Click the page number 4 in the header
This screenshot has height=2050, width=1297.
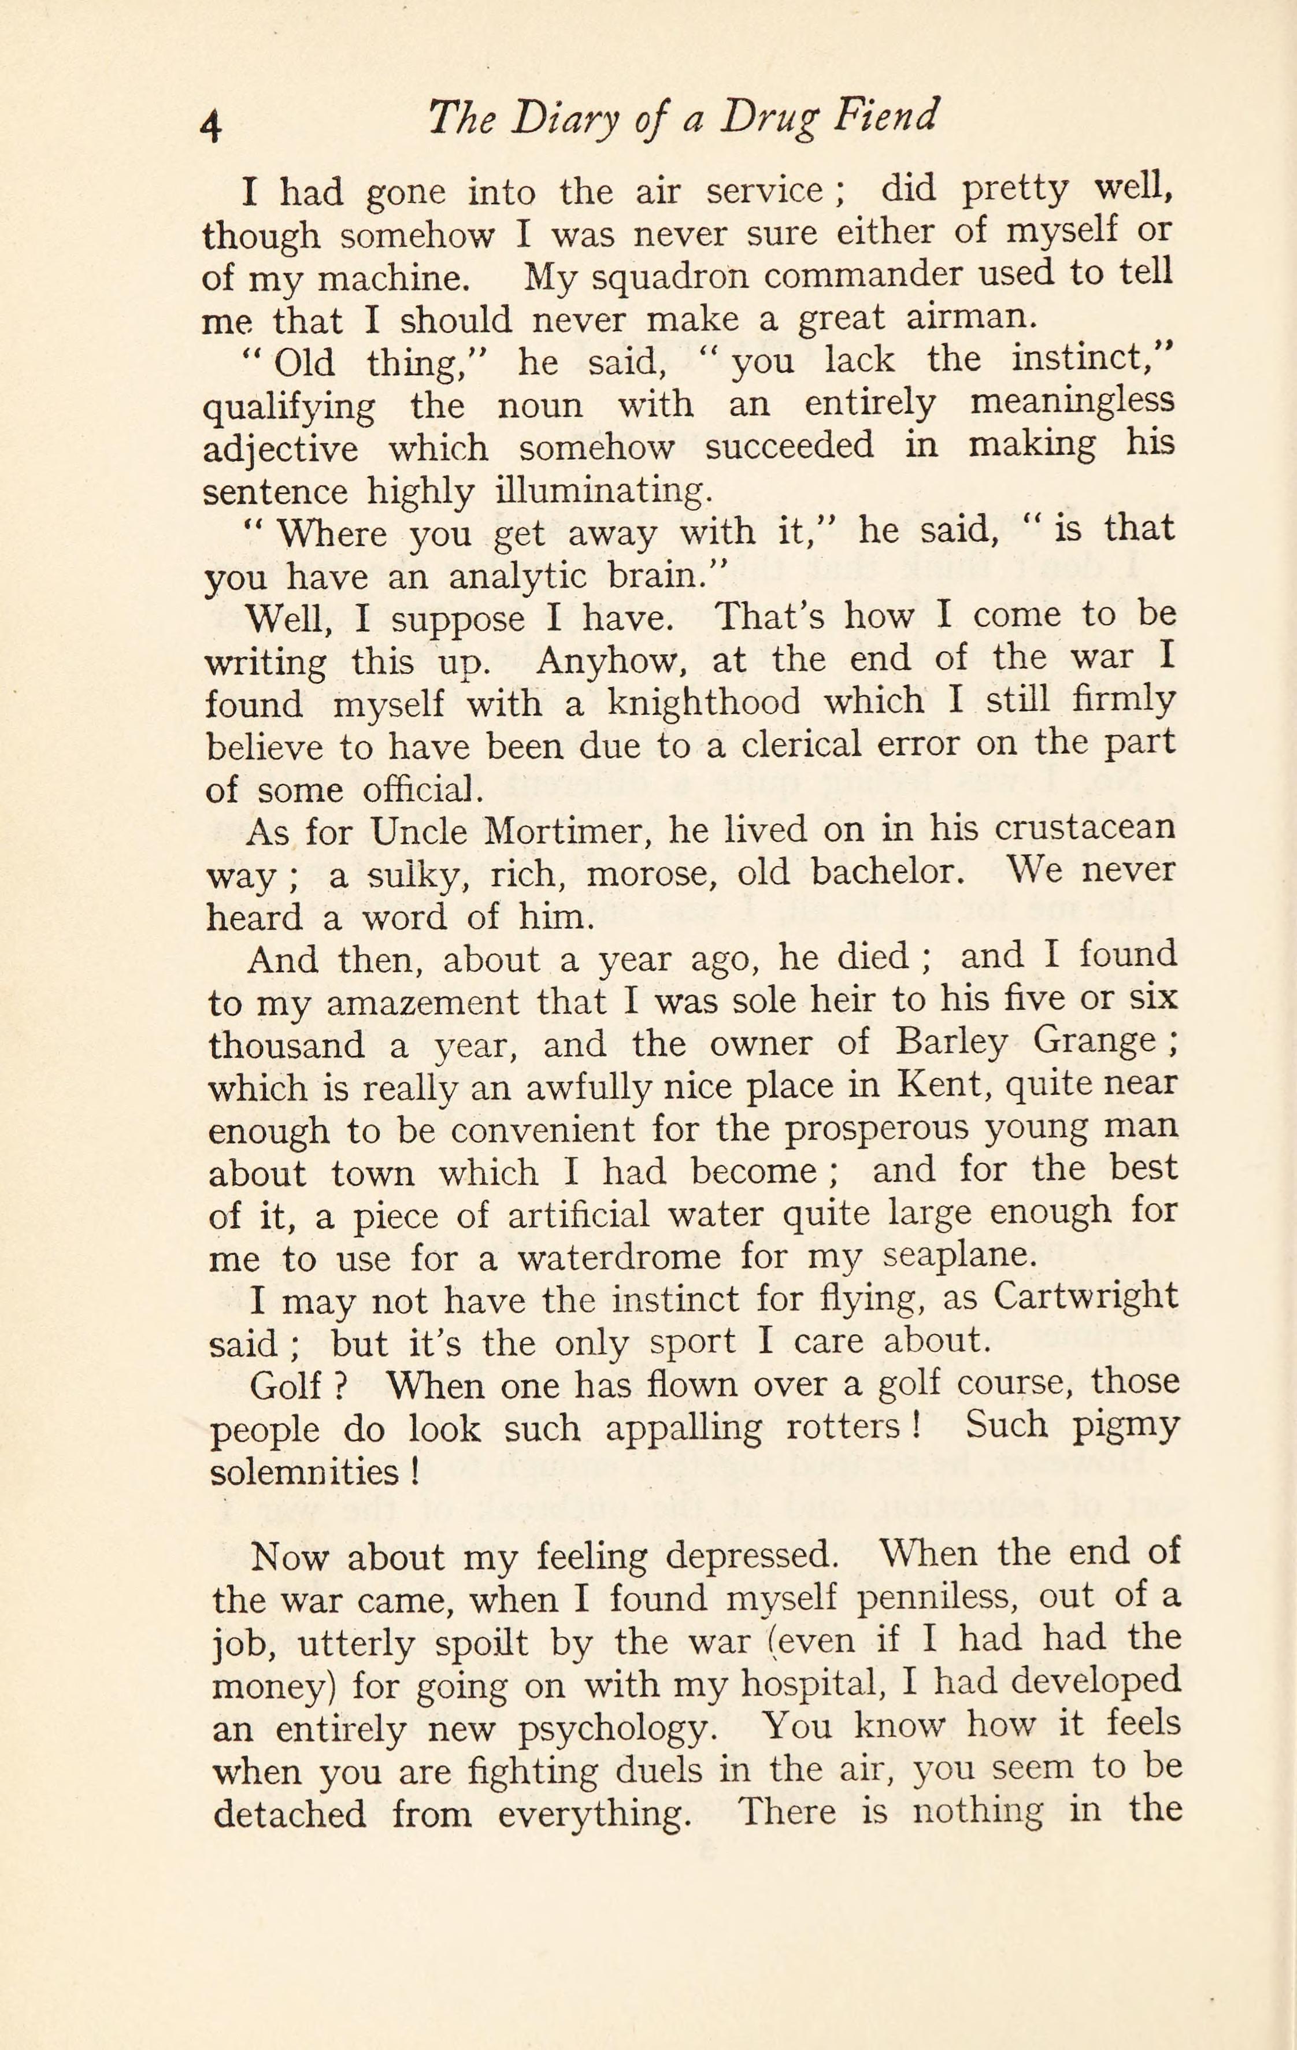[211, 124]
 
